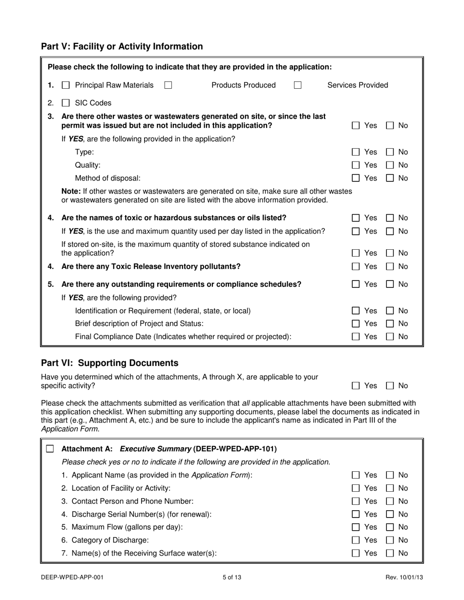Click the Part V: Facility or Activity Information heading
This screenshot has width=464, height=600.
pos(122,47)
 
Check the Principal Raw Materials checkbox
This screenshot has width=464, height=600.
pos(65,85)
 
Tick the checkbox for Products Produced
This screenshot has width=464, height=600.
pos(168,85)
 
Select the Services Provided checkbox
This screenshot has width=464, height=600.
pos(297,85)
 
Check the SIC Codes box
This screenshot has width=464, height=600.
pos(65,103)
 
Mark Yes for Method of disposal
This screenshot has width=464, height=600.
pos(356,179)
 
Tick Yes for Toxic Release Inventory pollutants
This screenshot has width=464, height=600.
pos(356,267)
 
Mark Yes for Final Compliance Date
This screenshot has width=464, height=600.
pos(356,337)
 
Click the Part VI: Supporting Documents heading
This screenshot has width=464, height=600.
pos(109,363)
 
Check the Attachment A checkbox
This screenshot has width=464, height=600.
pos(50,449)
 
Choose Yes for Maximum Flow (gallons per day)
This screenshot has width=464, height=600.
pos(356,527)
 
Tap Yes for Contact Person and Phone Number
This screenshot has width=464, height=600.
pos(356,501)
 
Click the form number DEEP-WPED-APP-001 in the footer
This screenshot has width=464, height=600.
pos(72,578)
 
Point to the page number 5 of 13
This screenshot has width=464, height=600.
pos(232,578)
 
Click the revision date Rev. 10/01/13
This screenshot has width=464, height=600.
pos(404,578)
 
